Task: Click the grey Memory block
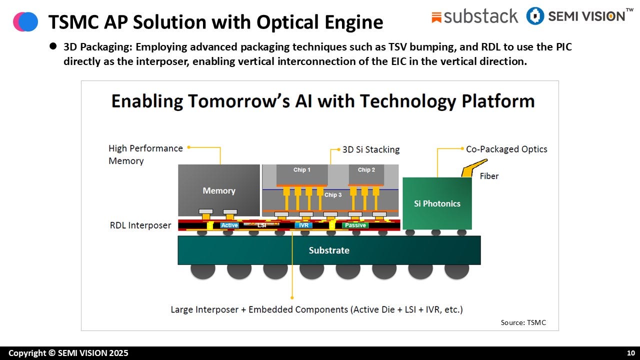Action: [x=219, y=190]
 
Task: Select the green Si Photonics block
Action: [x=437, y=203]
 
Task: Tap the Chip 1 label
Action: [x=301, y=170]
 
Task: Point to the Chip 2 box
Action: [x=366, y=172]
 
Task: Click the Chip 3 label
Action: [x=333, y=195]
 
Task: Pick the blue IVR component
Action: [x=303, y=225]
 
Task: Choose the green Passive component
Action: [x=355, y=225]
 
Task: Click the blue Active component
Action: [x=229, y=225]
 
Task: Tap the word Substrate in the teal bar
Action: [x=329, y=250]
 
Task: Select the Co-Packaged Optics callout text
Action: [x=506, y=149]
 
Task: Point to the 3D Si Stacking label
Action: [x=370, y=149]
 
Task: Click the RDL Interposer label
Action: [x=140, y=225]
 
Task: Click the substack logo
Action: [x=475, y=16]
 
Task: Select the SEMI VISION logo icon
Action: [x=535, y=16]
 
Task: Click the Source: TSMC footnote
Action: [x=523, y=322]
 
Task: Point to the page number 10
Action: [x=630, y=353]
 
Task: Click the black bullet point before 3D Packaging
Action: [x=53, y=46]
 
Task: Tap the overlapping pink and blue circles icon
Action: [x=25, y=21]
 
